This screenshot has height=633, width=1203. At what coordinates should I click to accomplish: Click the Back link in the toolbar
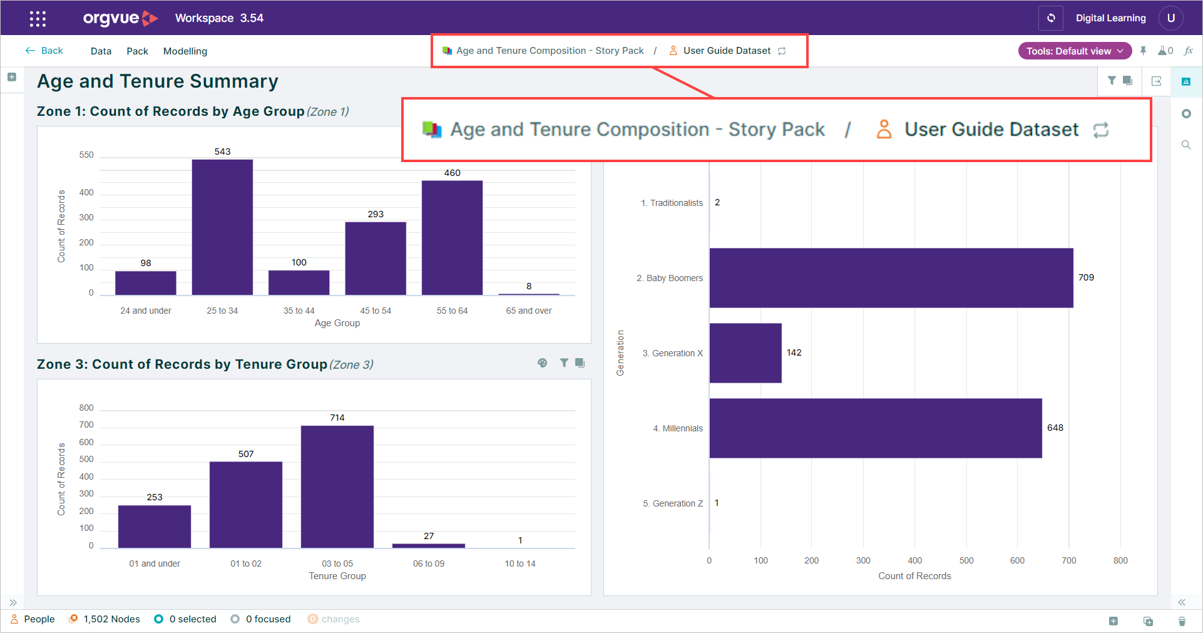44,51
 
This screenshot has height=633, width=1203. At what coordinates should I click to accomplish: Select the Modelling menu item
185,51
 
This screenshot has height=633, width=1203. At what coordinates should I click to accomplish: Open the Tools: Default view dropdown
1075,51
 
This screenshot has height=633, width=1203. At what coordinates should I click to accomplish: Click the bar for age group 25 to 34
222,227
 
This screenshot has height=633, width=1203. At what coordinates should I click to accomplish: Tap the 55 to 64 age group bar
452,238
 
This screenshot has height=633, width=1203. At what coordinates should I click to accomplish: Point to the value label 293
376,214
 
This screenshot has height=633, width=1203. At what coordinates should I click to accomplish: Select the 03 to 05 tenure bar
337,487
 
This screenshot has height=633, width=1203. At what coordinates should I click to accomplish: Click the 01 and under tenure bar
155,527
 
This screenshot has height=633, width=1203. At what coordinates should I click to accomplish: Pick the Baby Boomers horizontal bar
891,278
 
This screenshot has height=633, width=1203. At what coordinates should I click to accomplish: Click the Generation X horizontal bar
745,353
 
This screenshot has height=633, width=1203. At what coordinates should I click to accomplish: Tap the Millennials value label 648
1055,428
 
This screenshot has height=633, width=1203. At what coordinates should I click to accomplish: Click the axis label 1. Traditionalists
672,203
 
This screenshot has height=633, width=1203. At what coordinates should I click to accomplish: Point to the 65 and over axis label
529,311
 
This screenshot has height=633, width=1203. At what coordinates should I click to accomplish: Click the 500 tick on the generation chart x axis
966,560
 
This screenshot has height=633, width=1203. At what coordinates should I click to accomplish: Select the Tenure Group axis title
337,576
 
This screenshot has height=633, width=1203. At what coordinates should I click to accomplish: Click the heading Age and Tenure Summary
158,81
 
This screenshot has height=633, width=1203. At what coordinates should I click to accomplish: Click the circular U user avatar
1171,18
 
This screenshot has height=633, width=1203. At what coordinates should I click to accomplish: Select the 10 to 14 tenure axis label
520,564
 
